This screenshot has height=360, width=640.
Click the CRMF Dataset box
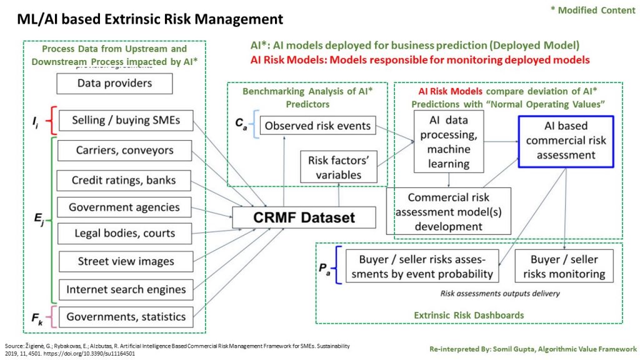click(304, 217)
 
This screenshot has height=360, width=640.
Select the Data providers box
click(114, 83)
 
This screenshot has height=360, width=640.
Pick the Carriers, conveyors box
click(124, 151)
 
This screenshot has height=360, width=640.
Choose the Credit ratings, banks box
click(124, 181)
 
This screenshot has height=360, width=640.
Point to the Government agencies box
click(124, 207)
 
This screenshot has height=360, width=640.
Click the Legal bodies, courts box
click(124, 234)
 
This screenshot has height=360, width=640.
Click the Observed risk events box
click(317, 126)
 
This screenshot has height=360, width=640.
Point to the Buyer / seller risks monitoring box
click(564, 266)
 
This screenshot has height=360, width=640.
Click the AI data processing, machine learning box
click(449, 141)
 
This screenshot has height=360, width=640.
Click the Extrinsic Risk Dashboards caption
click(469, 315)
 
